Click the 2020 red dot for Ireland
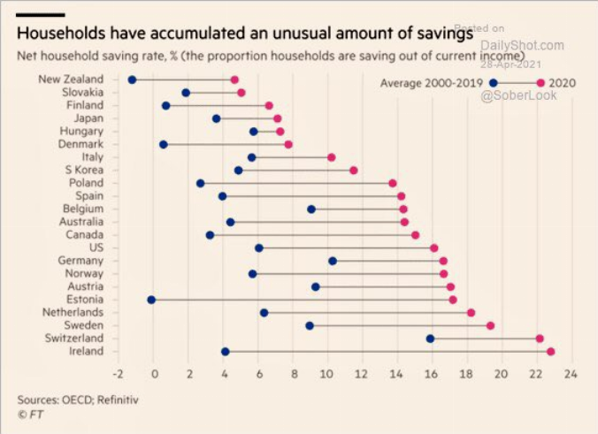click(x=550, y=352)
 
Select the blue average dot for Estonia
click(x=151, y=300)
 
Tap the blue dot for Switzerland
click(x=431, y=339)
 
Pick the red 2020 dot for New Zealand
click(x=234, y=80)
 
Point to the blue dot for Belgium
click(x=311, y=209)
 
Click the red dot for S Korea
click(x=354, y=170)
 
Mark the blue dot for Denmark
click(x=164, y=144)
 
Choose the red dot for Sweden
click(x=490, y=325)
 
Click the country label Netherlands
click(x=73, y=312)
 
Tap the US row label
click(x=96, y=247)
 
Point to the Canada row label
click(x=85, y=234)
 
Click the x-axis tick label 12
click(x=362, y=374)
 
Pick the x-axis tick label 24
click(x=570, y=374)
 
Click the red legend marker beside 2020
click(x=540, y=82)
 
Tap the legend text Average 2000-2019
click(x=432, y=82)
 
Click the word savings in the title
click(x=441, y=35)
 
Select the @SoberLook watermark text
click(x=518, y=95)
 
